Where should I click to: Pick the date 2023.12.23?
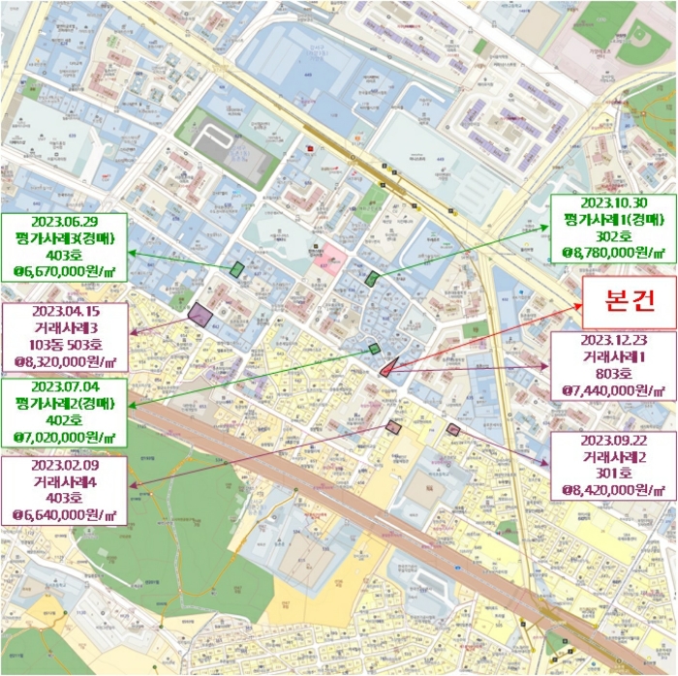coord(607,341)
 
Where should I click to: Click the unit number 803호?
coord(607,375)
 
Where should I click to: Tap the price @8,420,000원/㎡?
coord(607,490)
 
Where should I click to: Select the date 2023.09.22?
coord(607,440)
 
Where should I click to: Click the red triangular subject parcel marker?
coord(387,367)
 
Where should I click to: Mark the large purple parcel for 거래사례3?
coord(200,314)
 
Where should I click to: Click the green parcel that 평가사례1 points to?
coord(373,279)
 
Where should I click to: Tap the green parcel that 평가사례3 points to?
coord(236,269)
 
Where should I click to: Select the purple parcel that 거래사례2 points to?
coord(452,429)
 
